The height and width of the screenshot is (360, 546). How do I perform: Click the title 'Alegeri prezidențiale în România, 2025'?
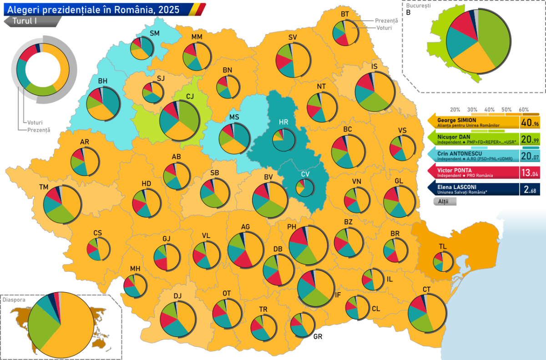pos(91,9)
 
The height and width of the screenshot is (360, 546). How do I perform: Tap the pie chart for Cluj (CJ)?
pos(179,121)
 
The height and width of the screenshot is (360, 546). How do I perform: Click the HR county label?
pos(283,122)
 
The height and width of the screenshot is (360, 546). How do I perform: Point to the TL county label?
pos(443,246)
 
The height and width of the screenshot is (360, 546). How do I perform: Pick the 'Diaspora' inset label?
pos(13,300)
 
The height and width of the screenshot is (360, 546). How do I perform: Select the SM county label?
pos(155,33)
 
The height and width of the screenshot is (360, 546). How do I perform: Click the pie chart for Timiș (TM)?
pos(62,204)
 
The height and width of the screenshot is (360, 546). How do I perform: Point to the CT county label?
pos(426,289)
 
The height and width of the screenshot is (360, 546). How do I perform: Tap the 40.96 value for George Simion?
pos(531,123)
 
